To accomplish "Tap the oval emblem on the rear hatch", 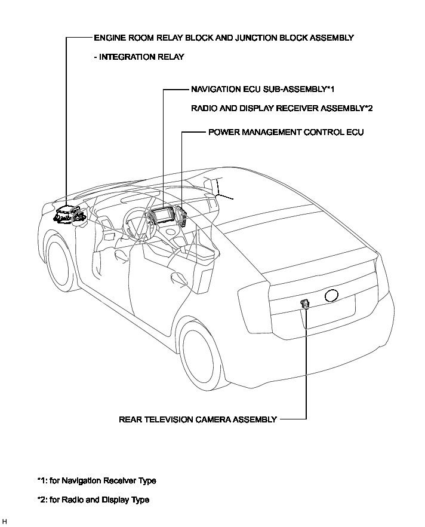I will [x=331, y=295].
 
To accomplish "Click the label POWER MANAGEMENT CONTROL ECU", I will [x=285, y=131].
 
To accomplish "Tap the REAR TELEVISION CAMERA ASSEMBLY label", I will [x=198, y=419].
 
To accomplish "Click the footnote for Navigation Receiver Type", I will [x=96, y=480].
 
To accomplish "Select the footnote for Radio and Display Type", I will [x=93, y=500].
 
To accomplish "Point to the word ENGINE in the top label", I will [x=110, y=38].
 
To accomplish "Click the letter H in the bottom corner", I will [x=5, y=522].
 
